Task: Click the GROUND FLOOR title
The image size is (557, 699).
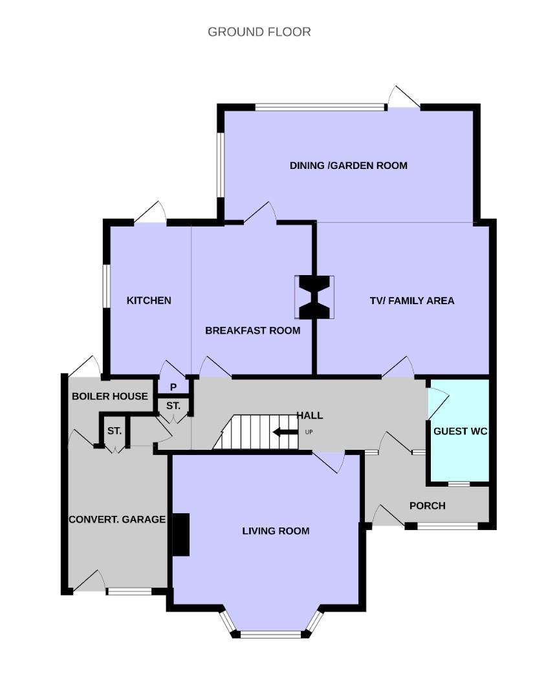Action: pos(259,32)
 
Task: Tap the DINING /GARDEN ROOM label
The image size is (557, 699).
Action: pos(349,166)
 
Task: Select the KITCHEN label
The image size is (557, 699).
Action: pos(149,300)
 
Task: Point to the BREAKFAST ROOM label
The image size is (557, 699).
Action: pos(253,330)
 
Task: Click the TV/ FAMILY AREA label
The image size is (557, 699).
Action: pos(412,301)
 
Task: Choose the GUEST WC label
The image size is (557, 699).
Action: pos(461,431)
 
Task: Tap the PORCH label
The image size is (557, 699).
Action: pos(428,505)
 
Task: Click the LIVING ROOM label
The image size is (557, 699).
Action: pos(276,531)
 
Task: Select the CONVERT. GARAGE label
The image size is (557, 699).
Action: pos(117,519)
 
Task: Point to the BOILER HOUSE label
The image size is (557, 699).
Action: pos(109,396)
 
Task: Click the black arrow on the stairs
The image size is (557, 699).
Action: pos(286,432)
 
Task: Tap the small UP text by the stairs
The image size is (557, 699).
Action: pos(309,432)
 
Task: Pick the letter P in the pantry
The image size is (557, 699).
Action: pos(173,388)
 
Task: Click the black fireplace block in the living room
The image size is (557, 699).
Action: pos(181,535)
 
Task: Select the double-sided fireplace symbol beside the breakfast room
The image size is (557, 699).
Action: pos(314,297)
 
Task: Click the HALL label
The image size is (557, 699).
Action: pos(310,416)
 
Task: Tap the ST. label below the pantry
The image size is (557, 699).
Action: pos(173,406)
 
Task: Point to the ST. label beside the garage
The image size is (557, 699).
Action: pos(115,431)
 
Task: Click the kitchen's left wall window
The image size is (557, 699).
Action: pos(107,286)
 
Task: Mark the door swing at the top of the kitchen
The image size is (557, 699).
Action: pos(150,212)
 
